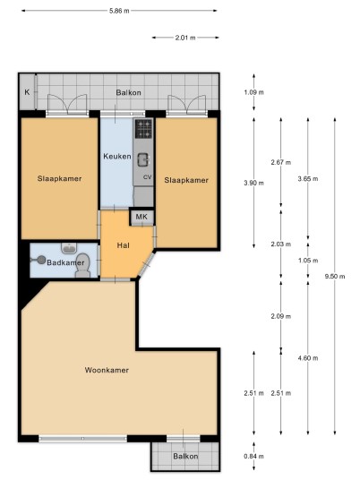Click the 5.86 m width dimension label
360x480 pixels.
(119, 11)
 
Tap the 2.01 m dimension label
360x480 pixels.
(185, 38)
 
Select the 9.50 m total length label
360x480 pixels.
(335, 277)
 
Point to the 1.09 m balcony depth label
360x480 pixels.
(253, 92)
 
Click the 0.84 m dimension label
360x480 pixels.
(253, 456)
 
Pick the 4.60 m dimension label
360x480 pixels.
(308, 358)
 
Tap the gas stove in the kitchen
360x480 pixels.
(143, 129)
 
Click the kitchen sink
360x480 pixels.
(143, 159)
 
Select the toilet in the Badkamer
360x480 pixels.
(82, 265)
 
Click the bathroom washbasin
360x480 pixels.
(69, 248)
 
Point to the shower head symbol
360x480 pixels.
(39, 260)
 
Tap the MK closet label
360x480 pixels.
(141, 217)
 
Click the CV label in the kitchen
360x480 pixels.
(148, 177)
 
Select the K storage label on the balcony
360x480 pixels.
(27, 92)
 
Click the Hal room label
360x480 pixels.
(123, 245)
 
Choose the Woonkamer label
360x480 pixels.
(107, 370)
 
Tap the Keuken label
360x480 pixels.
(117, 157)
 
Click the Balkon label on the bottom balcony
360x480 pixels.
(185, 456)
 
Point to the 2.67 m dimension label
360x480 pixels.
(280, 163)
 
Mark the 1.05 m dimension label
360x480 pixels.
(308, 261)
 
